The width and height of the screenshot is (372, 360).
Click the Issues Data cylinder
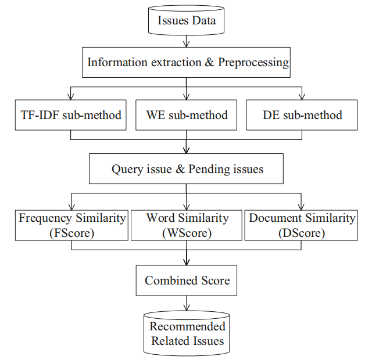(x=187, y=21)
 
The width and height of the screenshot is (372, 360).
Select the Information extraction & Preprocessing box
(x=186, y=62)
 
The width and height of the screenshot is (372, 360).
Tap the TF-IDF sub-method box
(x=71, y=114)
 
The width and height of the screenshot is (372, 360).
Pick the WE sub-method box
(x=186, y=114)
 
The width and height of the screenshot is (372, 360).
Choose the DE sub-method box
(x=302, y=114)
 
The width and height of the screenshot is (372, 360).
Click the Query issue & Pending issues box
(x=186, y=170)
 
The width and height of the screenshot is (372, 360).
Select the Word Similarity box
(x=186, y=225)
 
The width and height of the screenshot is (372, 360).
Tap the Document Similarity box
(x=302, y=225)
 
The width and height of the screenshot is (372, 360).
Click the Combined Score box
(x=187, y=280)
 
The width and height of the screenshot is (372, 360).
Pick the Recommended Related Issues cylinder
(x=187, y=333)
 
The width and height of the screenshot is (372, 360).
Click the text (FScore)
(x=71, y=232)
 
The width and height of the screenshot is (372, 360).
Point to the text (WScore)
(x=186, y=232)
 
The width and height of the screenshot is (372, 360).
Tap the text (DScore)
(x=302, y=232)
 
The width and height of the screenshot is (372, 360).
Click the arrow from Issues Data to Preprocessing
(x=186, y=41)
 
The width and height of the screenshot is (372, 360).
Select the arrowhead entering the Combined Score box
(x=186, y=262)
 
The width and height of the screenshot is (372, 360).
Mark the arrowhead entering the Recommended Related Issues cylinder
(x=186, y=309)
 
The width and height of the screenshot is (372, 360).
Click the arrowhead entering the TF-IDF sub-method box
(x=71, y=96)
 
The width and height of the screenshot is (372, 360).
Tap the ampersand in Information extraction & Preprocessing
(x=210, y=62)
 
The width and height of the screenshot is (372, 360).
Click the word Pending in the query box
(x=223, y=170)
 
